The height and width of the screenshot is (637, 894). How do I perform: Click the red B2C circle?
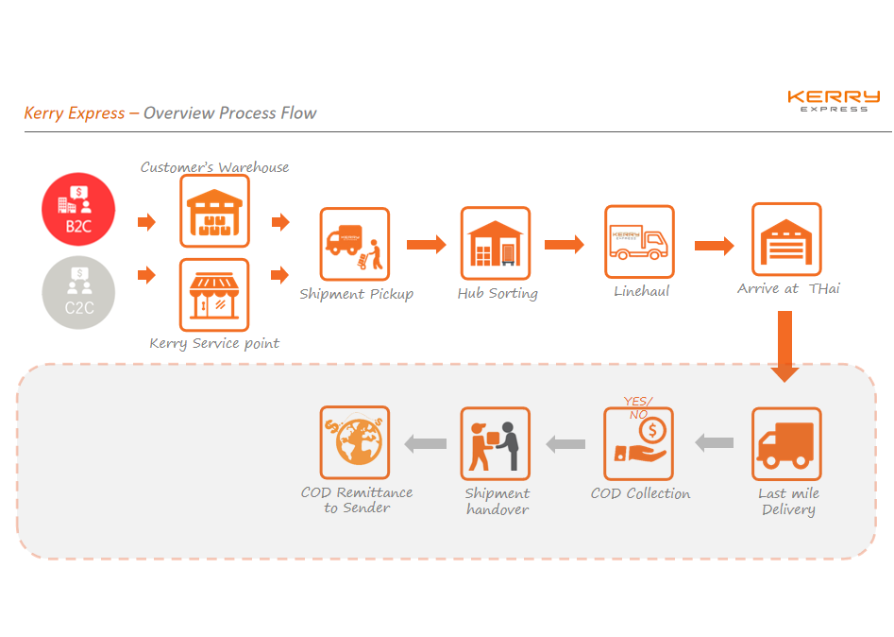tap(78, 212)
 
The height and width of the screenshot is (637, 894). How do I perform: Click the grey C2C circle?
tap(78, 292)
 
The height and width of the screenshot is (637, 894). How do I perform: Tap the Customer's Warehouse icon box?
tap(214, 210)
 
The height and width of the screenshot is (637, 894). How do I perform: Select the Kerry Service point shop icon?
tap(214, 294)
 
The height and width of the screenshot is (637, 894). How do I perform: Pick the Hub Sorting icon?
tap(496, 243)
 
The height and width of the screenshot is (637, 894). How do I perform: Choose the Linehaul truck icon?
tap(639, 241)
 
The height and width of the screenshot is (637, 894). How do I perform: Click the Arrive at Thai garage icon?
tap(786, 239)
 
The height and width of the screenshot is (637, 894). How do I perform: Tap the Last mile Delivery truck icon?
tap(786, 442)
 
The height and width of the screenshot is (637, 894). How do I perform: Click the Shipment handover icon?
tap(496, 443)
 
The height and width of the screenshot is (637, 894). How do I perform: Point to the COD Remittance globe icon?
tap(355, 442)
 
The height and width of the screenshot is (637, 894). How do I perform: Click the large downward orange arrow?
tap(784, 345)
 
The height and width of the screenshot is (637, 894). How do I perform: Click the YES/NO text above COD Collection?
tap(637, 407)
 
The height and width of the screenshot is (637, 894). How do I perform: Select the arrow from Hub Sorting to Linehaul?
tap(565, 244)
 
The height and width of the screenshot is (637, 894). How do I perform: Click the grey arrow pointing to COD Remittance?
tap(426, 442)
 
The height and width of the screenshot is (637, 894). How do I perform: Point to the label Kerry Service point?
tap(214, 343)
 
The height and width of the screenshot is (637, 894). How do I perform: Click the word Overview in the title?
tap(179, 113)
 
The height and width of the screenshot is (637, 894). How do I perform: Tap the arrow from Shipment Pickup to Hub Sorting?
tap(426, 245)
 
